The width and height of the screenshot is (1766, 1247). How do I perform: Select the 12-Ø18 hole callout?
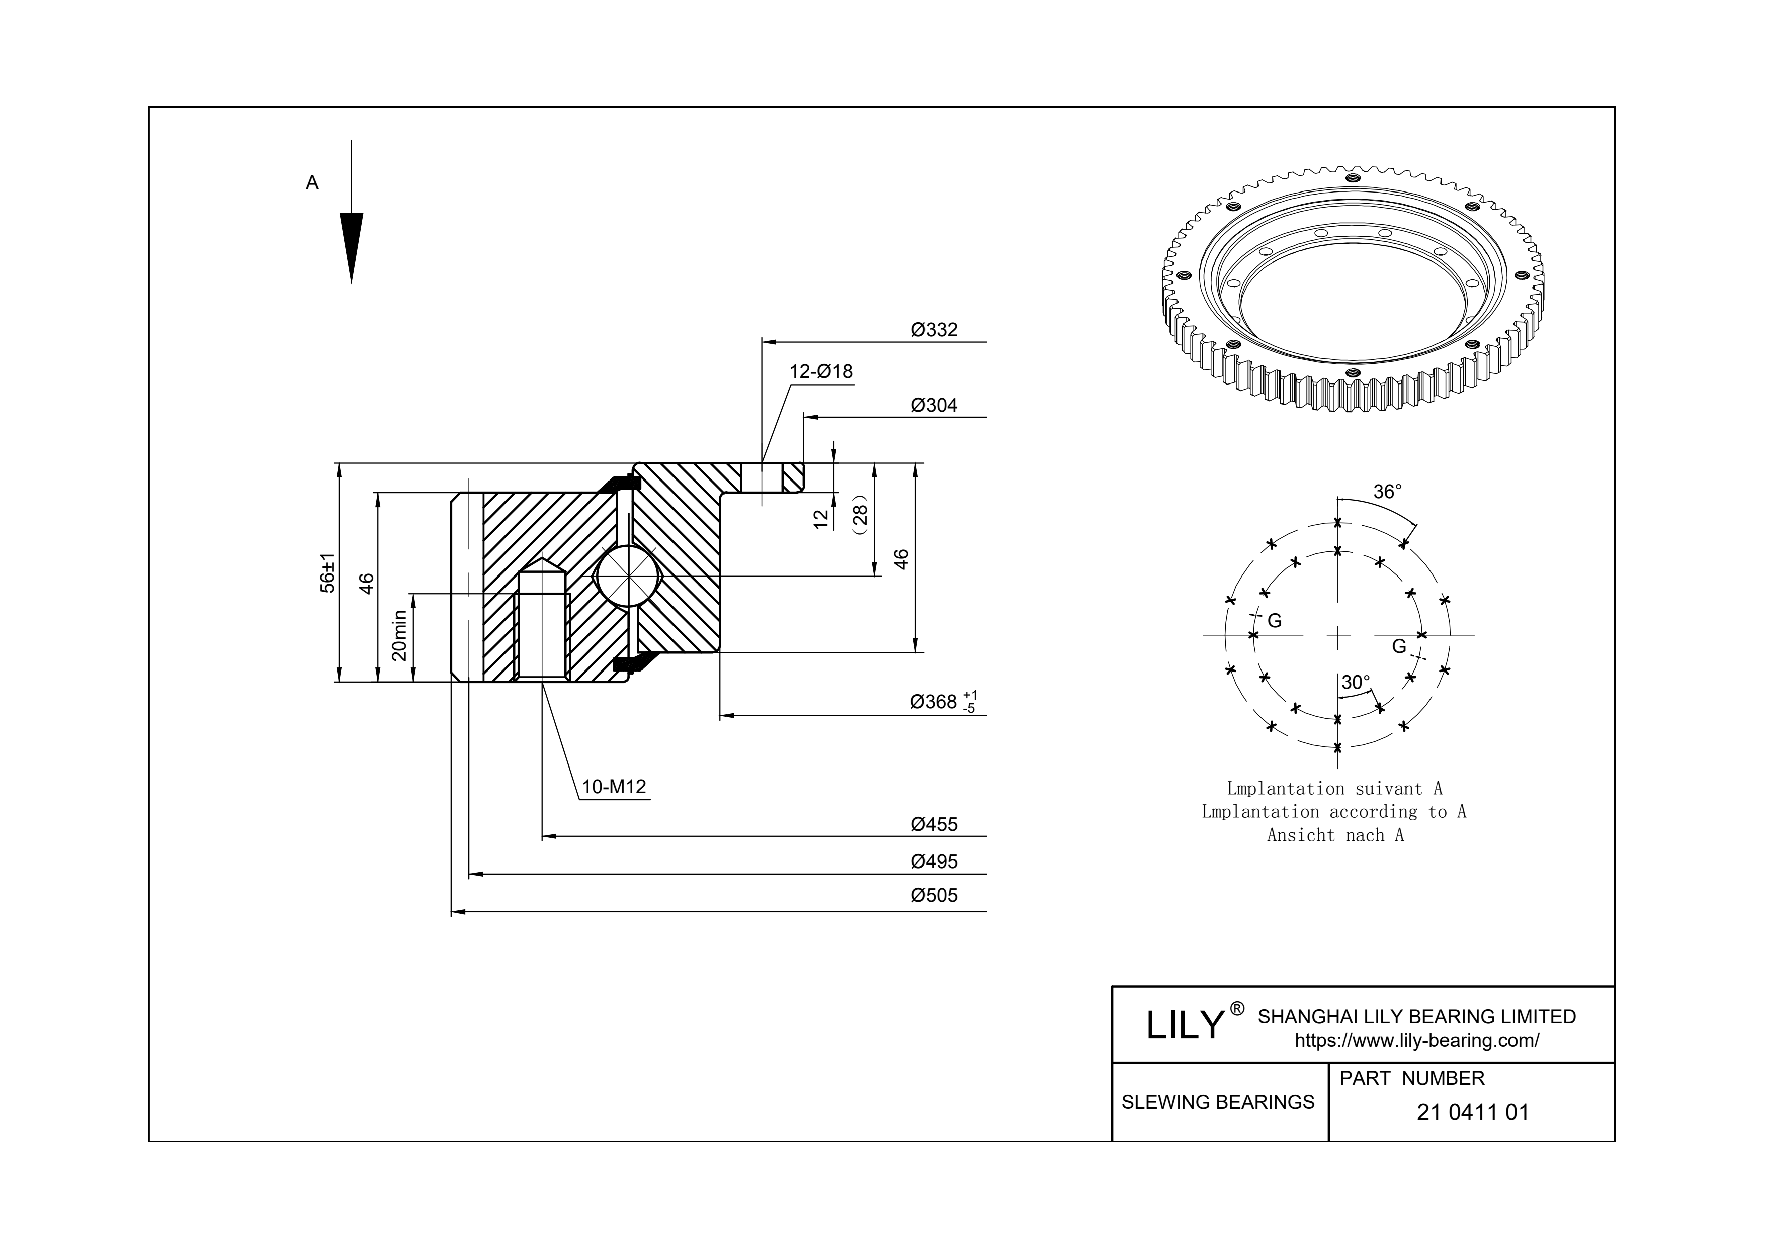821,372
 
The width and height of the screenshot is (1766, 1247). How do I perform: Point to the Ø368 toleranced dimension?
942,701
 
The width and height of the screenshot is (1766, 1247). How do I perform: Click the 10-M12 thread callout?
614,787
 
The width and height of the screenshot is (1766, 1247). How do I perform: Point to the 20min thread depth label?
398,635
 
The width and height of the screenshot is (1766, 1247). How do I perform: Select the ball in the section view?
628,576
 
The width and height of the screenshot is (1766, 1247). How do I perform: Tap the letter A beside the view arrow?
312,183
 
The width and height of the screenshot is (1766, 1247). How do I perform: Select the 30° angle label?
1355,683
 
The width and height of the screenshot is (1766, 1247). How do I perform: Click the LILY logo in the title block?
1185,1025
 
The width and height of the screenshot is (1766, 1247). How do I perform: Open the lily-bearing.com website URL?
1417,1041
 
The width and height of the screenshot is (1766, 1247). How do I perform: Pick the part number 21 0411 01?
1472,1112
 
